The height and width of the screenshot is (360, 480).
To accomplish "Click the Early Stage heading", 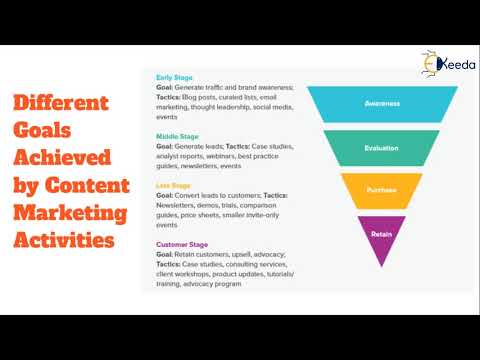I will pos(175,77).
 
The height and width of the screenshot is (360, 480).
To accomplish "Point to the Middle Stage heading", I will pos(177,135).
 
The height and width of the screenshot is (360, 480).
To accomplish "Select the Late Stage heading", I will pos(174,185).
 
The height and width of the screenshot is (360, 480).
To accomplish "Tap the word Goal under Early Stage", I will pos(166,87).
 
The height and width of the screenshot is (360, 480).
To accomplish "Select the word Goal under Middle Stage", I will pos(166,146).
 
